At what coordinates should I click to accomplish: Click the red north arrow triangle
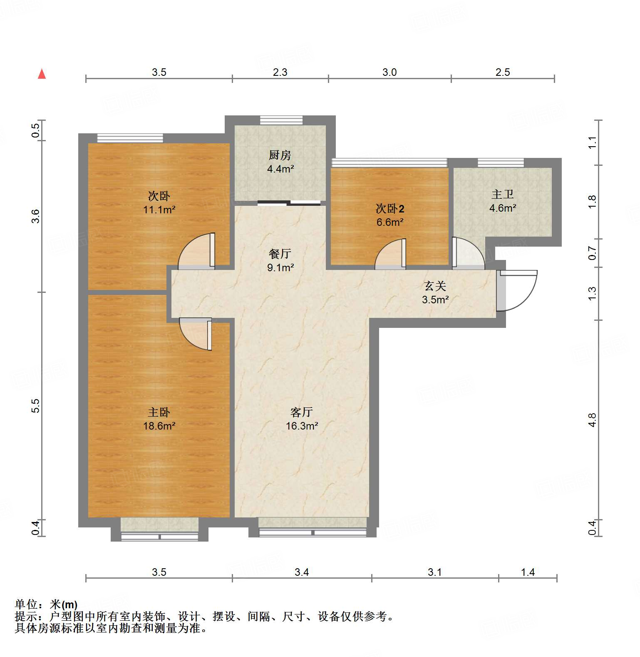42,74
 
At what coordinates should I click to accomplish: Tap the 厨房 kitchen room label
280,155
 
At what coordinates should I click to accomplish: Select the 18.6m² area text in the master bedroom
159,426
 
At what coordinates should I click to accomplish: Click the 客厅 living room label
301,412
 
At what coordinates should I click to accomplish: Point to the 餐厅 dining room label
280,254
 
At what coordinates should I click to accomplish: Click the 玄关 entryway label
435,286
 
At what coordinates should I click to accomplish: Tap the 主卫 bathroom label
502,194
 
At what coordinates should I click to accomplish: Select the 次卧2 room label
389,208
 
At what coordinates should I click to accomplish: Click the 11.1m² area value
159,210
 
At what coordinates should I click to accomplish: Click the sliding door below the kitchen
289,203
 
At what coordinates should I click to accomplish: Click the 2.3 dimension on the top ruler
280,72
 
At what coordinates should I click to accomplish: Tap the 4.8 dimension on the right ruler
592,420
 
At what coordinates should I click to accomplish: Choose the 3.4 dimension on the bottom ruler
302,572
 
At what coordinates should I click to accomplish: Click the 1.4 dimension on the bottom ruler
528,572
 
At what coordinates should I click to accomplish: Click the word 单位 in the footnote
26,604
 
